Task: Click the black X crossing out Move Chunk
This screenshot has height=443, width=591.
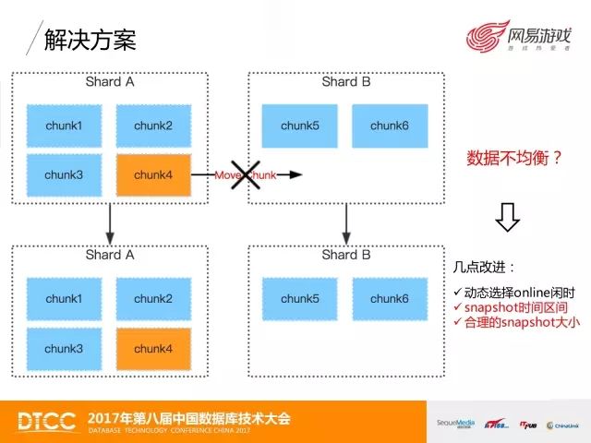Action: coord(245,174)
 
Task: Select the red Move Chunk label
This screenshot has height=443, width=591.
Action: coord(245,174)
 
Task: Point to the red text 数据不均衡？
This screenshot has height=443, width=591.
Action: coord(515,158)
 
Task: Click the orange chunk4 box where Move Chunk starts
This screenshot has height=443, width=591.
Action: coord(152,174)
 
